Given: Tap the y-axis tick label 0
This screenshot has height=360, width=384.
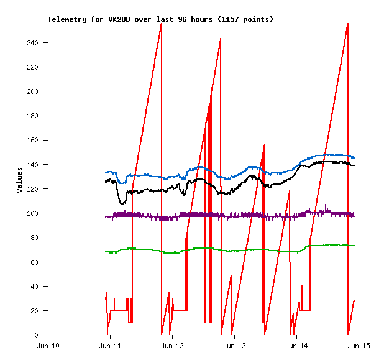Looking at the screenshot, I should coord(42,335).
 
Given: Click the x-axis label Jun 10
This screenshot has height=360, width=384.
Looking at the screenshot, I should coord(48,346).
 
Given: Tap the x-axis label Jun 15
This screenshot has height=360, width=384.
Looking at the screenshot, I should coord(359,346).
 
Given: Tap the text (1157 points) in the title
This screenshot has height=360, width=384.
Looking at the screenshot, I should coord(244,19).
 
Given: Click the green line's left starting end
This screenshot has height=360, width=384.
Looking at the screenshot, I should coord(106,252).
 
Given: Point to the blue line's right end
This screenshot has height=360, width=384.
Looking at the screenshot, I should coord(354,157).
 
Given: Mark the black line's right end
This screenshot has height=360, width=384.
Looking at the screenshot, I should coord(354,165).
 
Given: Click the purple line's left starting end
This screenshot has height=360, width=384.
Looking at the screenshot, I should coord(106,216).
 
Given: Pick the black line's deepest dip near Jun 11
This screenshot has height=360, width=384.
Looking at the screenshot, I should coord(122,203).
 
